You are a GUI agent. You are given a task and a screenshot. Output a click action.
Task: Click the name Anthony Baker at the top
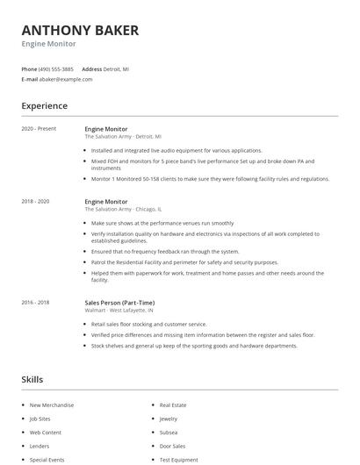80,30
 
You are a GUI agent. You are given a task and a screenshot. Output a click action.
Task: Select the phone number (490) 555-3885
57,68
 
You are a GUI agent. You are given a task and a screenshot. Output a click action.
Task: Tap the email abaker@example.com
67,79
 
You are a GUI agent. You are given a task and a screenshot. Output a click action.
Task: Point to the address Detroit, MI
117,68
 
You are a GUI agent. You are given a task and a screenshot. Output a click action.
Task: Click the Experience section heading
45,106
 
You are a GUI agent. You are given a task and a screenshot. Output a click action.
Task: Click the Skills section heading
33,379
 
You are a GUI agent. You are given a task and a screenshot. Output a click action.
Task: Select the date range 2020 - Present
39,129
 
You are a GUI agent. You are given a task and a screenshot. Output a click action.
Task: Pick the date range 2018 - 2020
35,202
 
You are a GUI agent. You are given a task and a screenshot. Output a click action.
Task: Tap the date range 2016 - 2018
35,303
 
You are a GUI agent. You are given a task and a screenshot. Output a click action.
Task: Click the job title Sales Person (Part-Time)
121,303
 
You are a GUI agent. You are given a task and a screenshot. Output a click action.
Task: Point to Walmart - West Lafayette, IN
119,310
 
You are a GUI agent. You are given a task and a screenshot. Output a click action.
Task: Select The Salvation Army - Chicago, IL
123,209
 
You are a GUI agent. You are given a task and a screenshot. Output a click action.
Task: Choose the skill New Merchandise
52,405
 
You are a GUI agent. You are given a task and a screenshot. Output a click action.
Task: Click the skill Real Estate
172,405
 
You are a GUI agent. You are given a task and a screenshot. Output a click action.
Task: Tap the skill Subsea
169,433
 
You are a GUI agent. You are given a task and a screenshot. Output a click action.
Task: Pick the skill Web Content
46,433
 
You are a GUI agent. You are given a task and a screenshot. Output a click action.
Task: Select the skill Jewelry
169,418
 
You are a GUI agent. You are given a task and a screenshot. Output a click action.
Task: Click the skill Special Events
47,460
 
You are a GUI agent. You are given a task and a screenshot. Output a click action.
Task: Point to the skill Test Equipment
177,460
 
